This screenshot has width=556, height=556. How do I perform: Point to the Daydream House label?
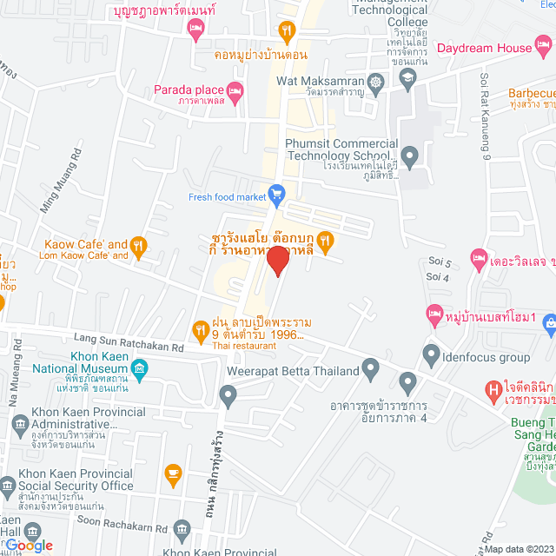coord(483,49)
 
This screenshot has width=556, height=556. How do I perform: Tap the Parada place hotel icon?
coord(235,89)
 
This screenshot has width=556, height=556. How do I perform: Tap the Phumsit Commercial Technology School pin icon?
coord(410,155)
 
